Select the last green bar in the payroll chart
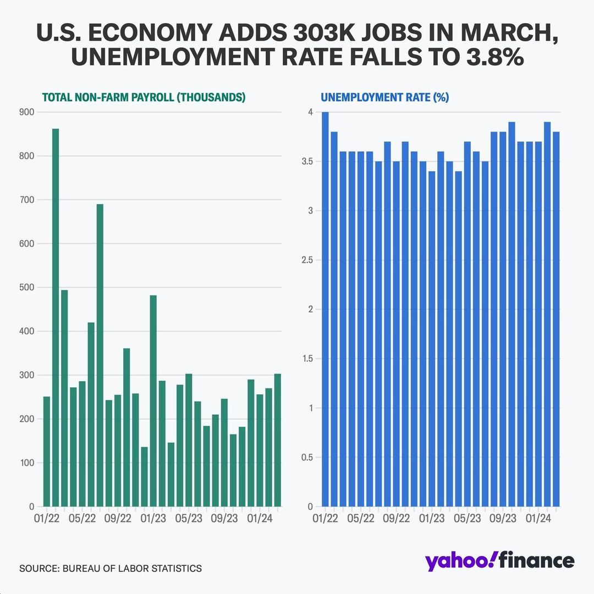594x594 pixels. tap(278, 440)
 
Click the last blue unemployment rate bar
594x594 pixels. tap(556, 319)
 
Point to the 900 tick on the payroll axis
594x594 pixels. tap(27, 112)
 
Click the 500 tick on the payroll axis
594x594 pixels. tap(27, 288)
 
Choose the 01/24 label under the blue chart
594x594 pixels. tap(538, 518)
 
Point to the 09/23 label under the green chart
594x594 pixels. tap(224, 518)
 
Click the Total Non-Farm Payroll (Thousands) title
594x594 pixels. tap(144, 97)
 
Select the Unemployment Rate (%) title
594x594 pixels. tap(384, 97)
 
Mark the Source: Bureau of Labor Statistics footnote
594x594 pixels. tap(110, 568)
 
